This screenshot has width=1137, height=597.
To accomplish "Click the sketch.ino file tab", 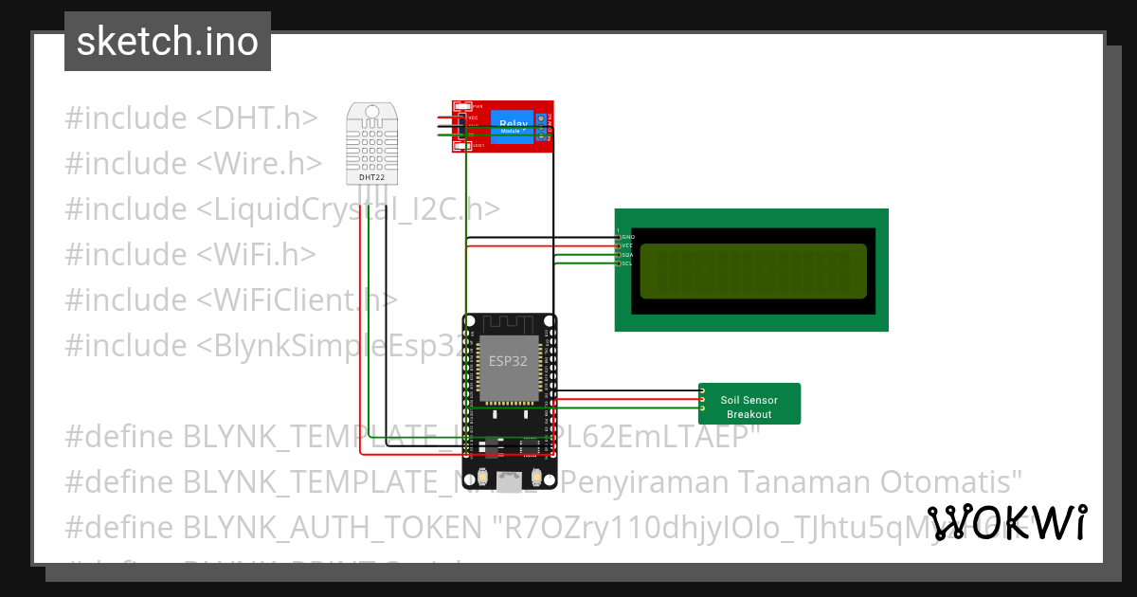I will (x=168, y=42).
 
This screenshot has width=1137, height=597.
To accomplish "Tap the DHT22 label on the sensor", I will (x=371, y=177).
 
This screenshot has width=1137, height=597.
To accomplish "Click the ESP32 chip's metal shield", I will (x=508, y=367).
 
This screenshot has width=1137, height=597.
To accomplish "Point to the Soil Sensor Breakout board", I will (x=749, y=405).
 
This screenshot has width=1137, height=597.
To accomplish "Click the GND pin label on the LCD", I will (x=627, y=236).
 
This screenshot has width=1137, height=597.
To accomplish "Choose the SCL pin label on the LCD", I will (x=626, y=263).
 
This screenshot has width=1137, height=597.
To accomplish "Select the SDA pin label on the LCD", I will (x=626, y=255).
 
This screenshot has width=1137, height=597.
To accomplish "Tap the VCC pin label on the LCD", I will (x=626, y=245).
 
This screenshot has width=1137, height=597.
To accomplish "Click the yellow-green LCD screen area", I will (x=753, y=271).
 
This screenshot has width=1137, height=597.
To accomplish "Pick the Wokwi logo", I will (x=1006, y=523).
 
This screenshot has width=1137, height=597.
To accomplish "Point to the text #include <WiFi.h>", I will (x=190, y=254).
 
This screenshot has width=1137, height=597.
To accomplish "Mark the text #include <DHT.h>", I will (x=190, y=118).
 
